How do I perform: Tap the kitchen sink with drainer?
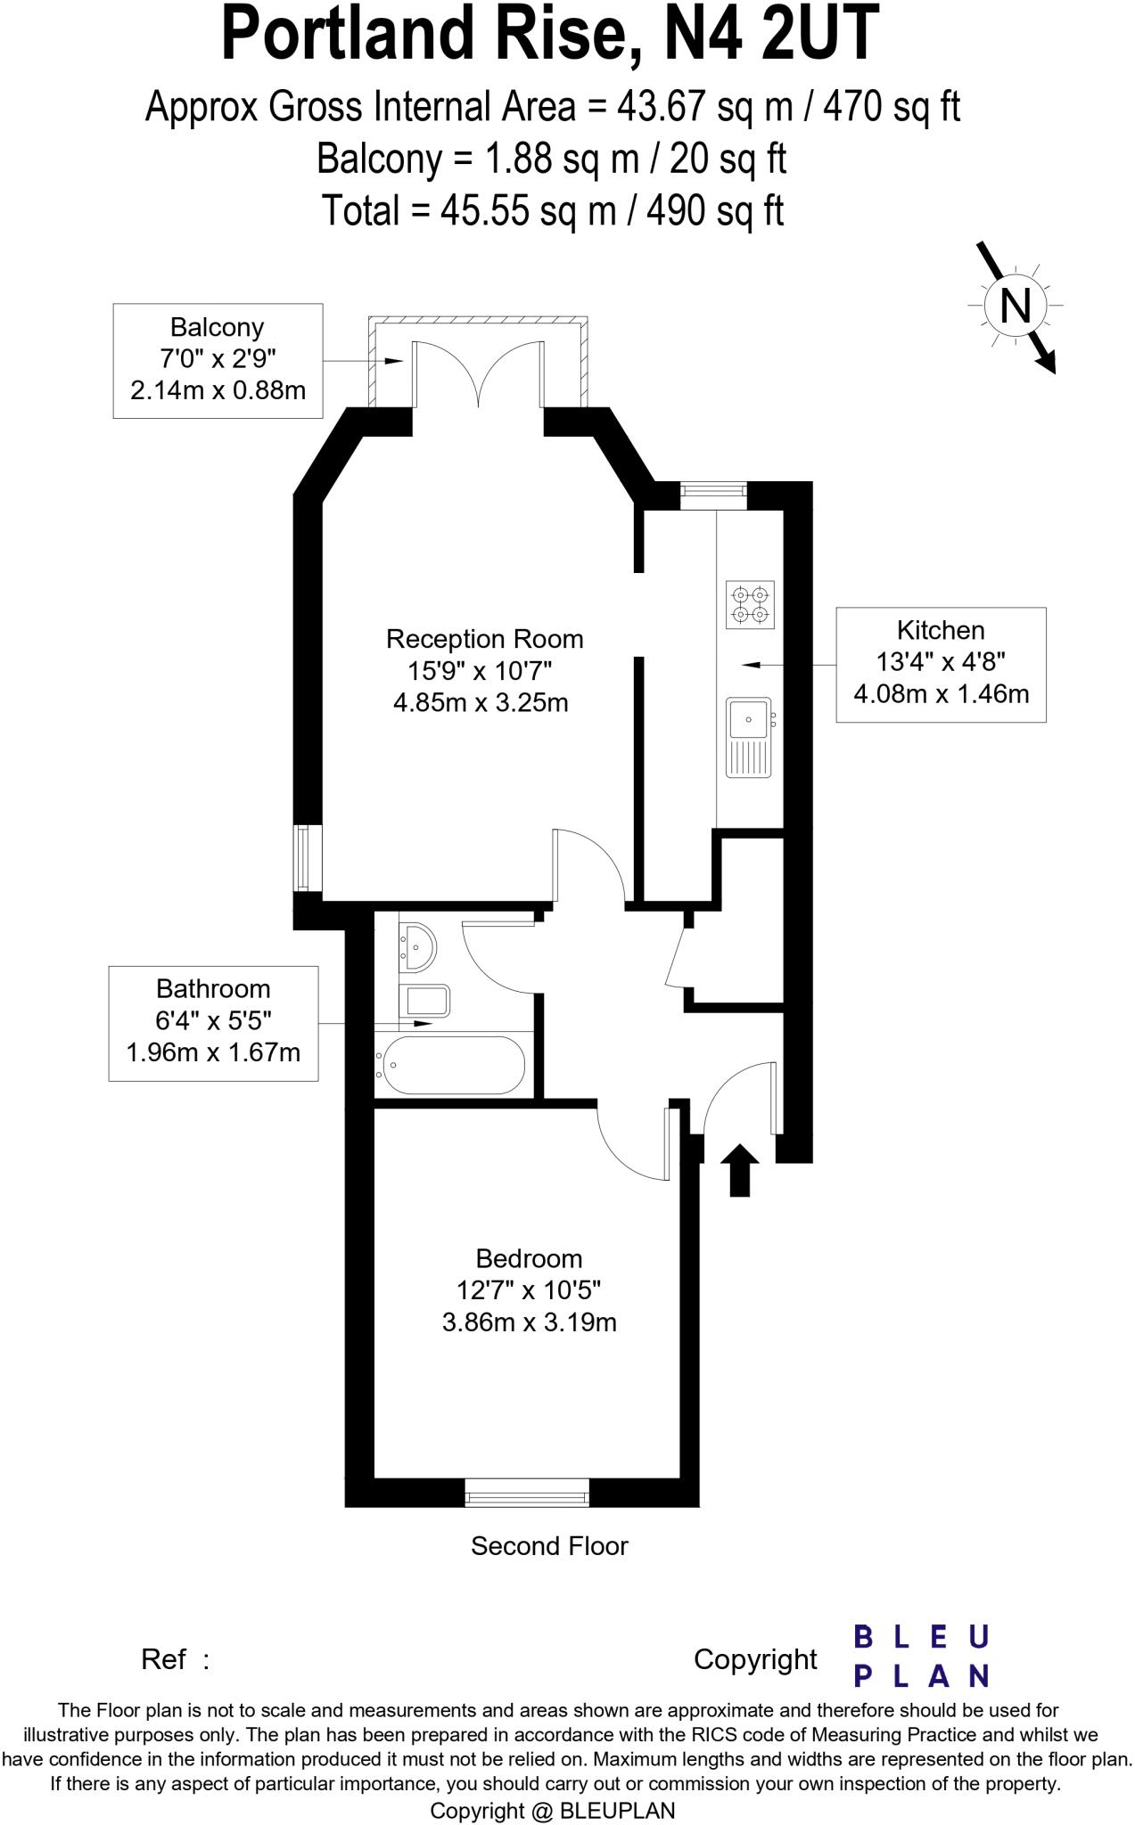coord(748,736)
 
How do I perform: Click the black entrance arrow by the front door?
coord(739,1170)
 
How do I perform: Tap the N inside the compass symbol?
coord(1016,306)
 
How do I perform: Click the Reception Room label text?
coord(484,639)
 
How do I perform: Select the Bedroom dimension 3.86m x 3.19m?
coord(529,1322)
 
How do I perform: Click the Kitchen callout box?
coord(941,664)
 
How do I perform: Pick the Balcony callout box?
coord(218,360)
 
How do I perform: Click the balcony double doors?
coord(479,374)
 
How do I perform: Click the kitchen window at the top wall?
coord(713,495)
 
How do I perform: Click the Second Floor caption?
coord(549,1546)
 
